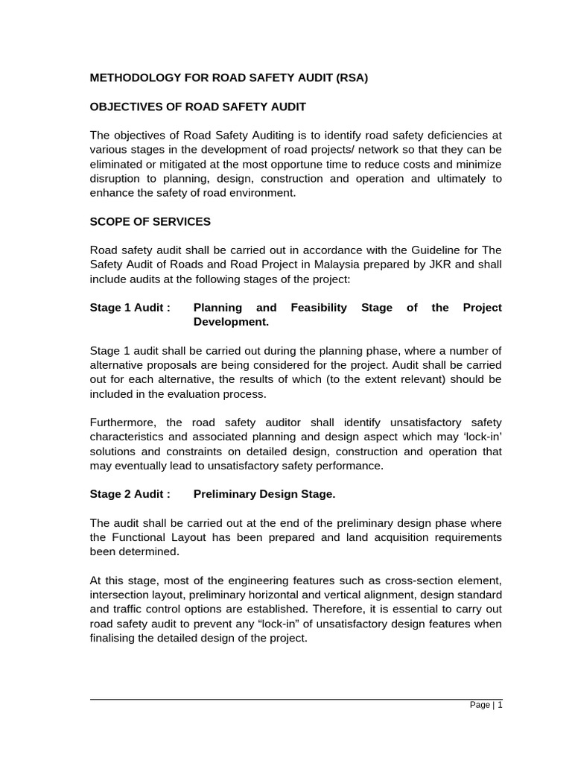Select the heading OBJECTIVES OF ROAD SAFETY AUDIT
(197, 107)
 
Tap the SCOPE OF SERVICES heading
(150, 221)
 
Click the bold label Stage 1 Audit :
(130, 308)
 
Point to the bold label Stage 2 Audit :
(130, 494)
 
